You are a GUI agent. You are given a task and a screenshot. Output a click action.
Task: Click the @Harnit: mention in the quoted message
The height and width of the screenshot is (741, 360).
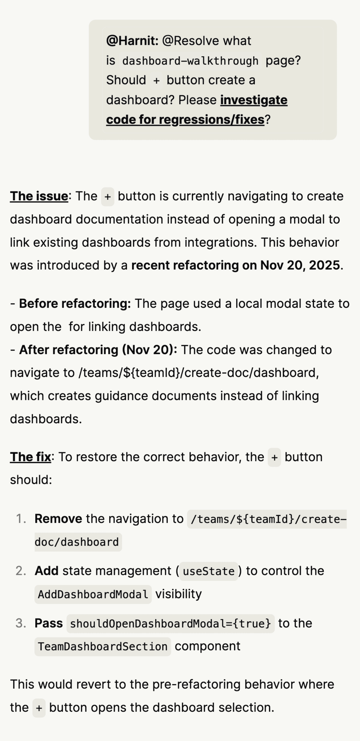tap(132, 41)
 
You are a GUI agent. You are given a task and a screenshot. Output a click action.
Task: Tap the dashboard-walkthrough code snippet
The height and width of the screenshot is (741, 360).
tap(190, 61)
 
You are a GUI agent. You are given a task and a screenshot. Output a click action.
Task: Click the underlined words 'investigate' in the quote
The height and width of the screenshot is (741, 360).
tap(254, 100)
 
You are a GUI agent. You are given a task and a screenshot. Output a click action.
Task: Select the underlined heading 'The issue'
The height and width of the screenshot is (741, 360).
tap(39, 196)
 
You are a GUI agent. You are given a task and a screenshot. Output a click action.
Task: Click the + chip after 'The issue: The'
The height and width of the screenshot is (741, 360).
tap(108, 197)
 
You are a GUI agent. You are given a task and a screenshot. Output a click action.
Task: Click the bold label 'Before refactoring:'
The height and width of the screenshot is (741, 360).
tap(75, 303)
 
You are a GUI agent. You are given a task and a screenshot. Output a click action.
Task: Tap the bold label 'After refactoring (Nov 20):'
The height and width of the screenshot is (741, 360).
tap(98, 350)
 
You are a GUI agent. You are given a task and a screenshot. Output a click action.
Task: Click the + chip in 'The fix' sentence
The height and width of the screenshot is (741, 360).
tap(274, 457)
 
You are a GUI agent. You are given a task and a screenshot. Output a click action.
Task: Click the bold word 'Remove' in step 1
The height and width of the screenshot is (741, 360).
tap(58, 519)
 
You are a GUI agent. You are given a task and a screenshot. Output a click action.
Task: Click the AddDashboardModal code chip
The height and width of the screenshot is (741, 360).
tap(93, 594)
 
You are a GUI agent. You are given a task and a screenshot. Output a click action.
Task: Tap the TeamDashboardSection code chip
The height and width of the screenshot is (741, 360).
tap(103, 647)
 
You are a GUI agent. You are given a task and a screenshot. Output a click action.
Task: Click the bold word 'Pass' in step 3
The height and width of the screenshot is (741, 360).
tap(49, 623)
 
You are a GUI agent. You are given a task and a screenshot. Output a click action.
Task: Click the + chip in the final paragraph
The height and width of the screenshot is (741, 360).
tap(39, 708)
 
